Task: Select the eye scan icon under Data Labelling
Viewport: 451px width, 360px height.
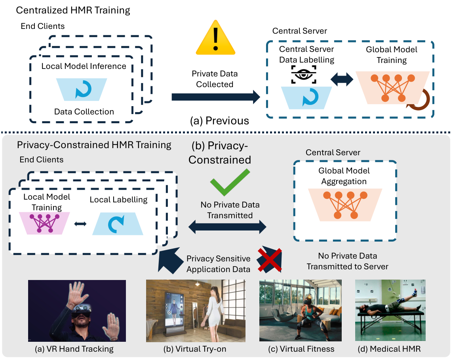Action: point(304,74)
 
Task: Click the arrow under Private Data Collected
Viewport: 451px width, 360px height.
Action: point(216,97)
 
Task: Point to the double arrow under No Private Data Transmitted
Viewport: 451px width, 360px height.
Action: point(227,227)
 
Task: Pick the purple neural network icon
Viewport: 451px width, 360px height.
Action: point(44,223)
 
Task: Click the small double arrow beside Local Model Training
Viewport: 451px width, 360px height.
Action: point(80,224)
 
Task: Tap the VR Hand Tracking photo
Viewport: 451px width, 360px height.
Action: point(77,311)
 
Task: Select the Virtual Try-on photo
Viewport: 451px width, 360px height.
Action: point(196,311)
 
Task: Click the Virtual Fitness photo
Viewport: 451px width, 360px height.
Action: point(300,310)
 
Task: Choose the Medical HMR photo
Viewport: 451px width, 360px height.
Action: point(390,310)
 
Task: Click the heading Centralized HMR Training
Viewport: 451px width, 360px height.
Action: point(73,10)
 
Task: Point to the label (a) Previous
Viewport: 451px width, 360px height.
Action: point(219,120)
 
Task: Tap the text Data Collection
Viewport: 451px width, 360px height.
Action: point(84,112)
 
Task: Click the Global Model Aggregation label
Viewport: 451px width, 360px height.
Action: point(344,176)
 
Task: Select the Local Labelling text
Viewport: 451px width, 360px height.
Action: point(118,200)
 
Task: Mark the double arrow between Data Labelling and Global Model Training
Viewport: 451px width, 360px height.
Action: point(342,79)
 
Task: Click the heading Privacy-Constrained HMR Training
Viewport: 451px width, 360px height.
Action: point(94,145)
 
